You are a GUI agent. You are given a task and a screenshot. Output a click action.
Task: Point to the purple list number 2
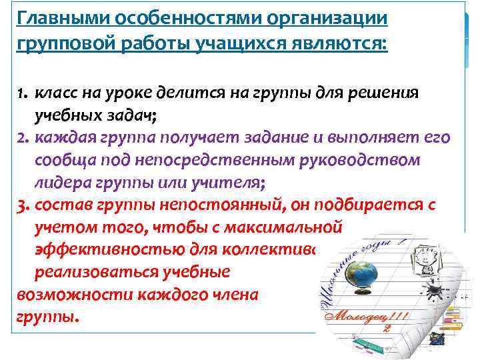22,137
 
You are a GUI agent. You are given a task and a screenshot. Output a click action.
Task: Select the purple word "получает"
204,137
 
